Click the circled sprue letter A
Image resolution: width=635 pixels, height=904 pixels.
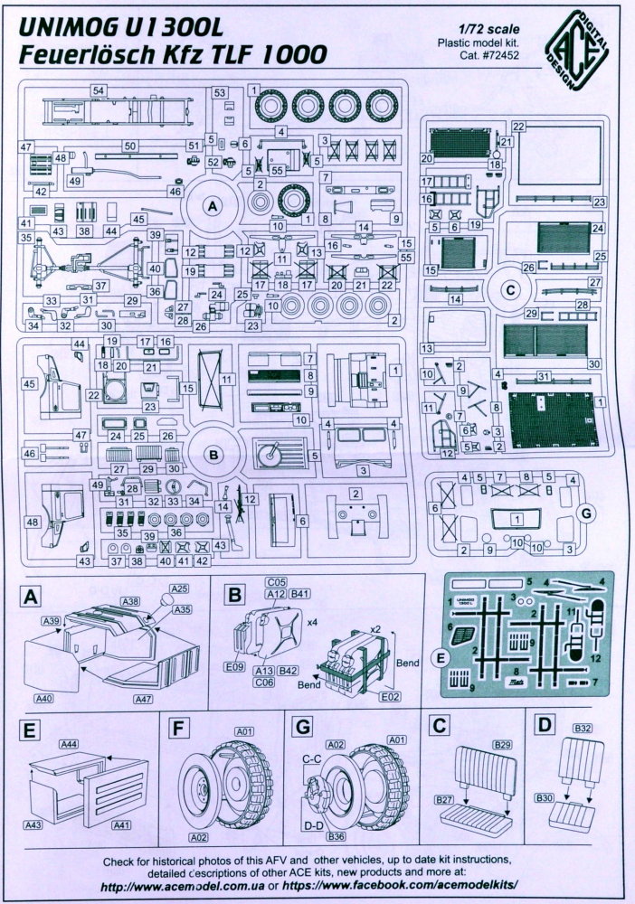pos(213,206)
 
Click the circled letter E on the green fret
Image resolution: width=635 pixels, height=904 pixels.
pos(441,658)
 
